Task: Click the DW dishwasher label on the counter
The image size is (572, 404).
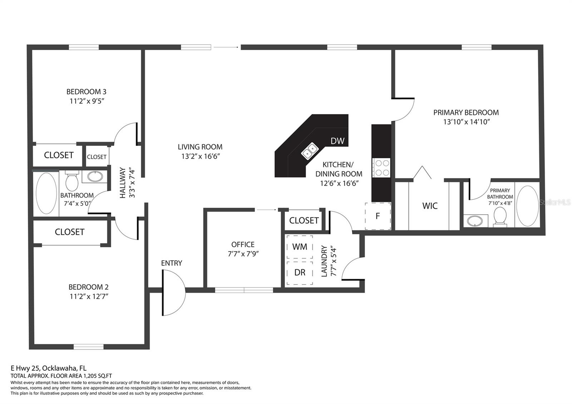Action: tap(337, 141)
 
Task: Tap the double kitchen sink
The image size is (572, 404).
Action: tap(310, 151)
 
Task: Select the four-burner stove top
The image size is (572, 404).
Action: tap(381, 168)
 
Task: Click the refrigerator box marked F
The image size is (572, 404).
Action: tap(378, 216)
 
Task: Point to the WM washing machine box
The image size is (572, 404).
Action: tap(300, 247)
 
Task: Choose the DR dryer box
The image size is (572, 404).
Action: tap(300, 273)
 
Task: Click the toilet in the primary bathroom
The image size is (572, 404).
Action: tap(500, 217)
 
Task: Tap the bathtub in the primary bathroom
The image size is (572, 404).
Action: tap(528, 206)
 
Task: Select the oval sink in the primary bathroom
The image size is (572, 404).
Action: tap(475, 221)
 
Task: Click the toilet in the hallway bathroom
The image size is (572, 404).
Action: tap(72, 181)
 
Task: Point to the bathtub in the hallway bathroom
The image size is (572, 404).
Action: tap(46, 193)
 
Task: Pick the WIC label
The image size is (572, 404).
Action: tap(430, 206)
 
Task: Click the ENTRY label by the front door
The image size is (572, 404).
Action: tap(172, 263)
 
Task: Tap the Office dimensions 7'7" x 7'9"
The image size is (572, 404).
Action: tap(243, 254)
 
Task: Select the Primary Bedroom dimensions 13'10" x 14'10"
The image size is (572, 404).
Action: tap(466, 122)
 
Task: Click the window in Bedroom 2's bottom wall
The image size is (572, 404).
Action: tap(89, 346)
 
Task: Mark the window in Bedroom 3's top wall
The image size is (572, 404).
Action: tap(84, 47)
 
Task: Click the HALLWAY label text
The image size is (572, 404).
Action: tap(123, 183)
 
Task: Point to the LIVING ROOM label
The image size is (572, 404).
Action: tap(200, 147)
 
